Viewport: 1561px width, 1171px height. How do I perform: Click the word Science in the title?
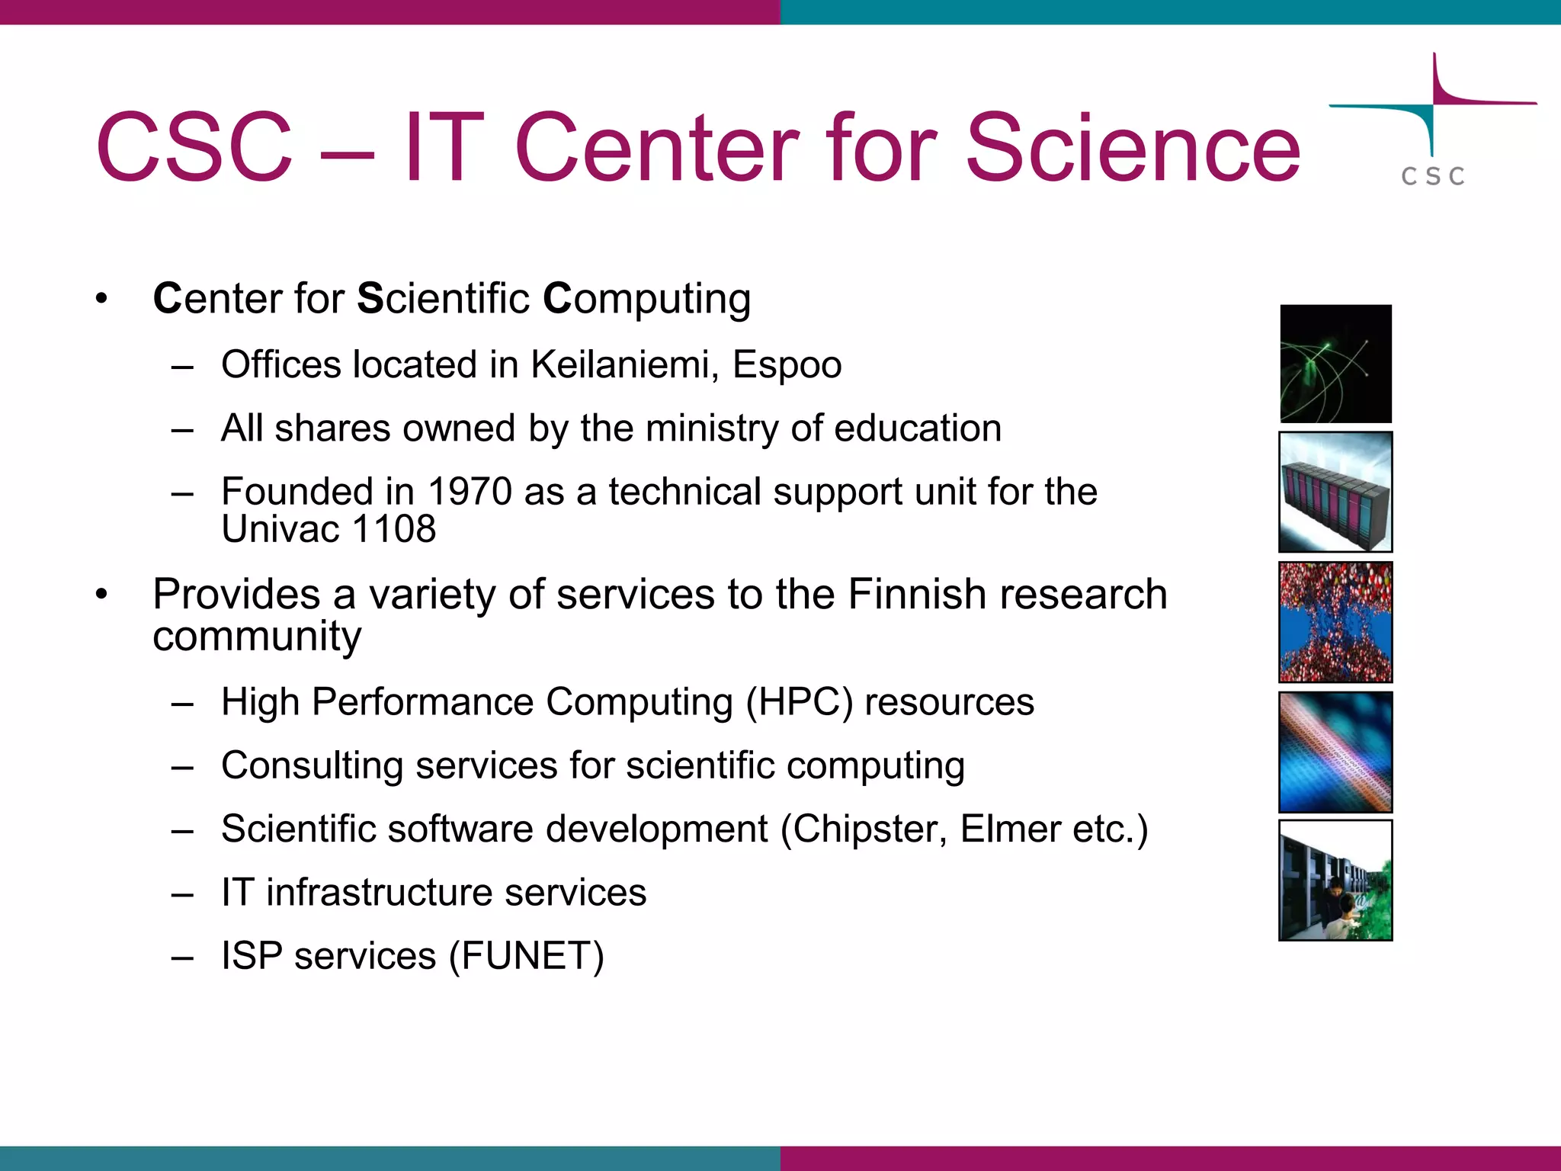[1133, 149]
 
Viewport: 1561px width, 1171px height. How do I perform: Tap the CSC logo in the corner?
[1433, 122]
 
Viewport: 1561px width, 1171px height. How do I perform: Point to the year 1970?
[470, 492]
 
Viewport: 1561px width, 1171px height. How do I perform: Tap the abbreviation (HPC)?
[799, 702]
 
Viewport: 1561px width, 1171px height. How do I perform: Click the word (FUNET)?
[527, 956]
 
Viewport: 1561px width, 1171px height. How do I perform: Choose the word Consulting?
[312, 766]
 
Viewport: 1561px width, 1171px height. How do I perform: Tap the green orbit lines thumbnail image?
[1335, 364]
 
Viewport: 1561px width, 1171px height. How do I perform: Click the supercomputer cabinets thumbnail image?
[1335, 492]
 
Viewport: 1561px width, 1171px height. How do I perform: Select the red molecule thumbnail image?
[1335, 622]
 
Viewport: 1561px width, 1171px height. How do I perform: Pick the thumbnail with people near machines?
[1335, 881]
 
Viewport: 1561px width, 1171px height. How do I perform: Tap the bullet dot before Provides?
[102, 595]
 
